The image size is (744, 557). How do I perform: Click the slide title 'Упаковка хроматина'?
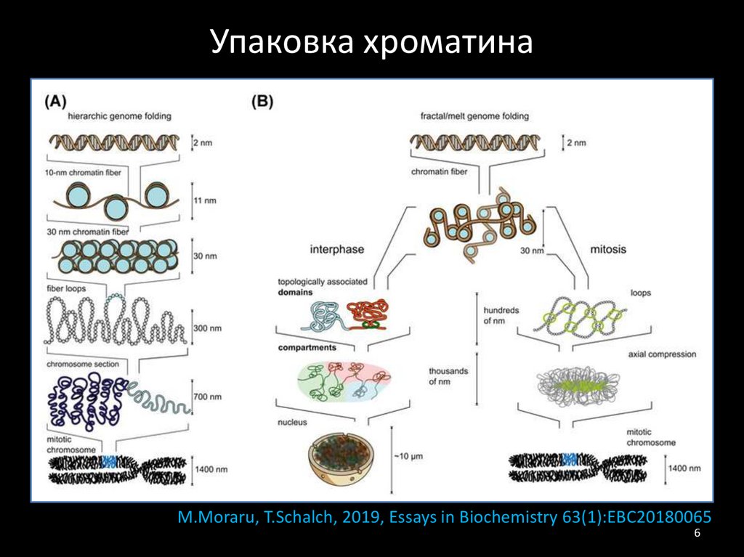[372, 43]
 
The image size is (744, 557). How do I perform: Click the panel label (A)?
[57, 102]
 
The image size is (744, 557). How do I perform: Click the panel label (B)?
[262, 102]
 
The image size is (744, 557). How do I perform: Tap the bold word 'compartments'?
[307, 348]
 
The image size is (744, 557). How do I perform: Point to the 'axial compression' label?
[663, 354]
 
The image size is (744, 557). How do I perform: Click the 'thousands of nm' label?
[448, 376]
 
